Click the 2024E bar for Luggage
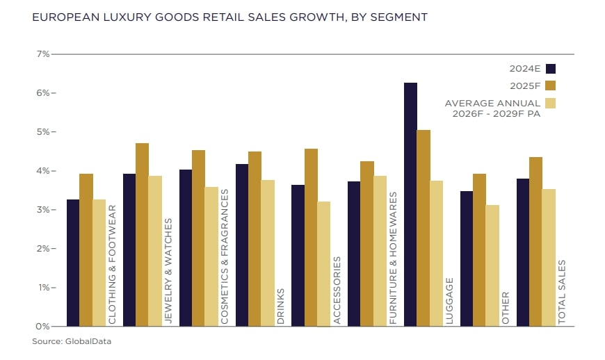pyautogui.click(x=410, y=204)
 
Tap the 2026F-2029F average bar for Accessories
pyautogui.click(x=323, y=264)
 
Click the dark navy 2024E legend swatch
pyautogui.click(x=551, y=68)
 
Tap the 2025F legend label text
pyautogui.click(x=525, y=85)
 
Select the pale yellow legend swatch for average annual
pyautogui.click(x=551, y=104)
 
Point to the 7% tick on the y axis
pyautogui.click(x=42, y=54)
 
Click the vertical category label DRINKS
pyautogui.click(x=281, y=306)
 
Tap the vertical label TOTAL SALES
pyautogui.click(x=562, y=292)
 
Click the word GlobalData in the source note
pyautogui.click(x=88, y=341)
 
